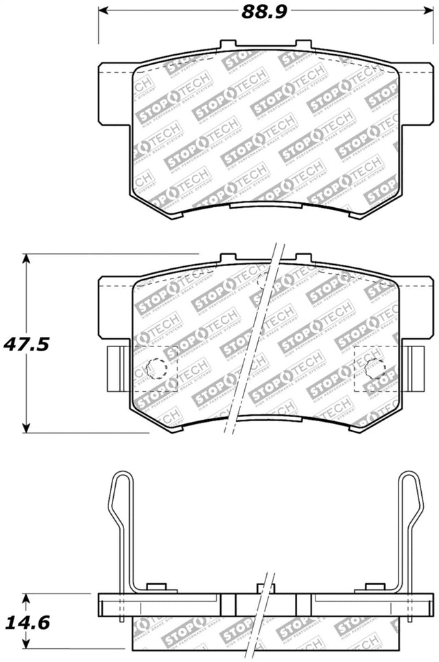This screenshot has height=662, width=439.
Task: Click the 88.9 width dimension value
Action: click(x=261, y=12)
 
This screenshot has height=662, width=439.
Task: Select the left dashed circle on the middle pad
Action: click(x=156, y=369)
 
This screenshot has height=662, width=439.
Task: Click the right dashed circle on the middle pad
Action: click(x=375, y=369)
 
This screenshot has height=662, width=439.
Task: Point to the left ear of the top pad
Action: click(x=115, y=95)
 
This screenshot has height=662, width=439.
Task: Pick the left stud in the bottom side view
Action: click(x=157, y=587)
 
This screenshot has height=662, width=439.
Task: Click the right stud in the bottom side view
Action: click(x=374, y=587)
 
